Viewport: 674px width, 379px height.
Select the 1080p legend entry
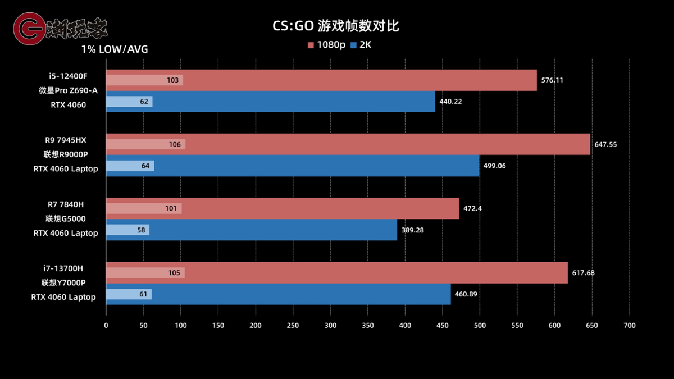pyautogui.click(x=326, y=45)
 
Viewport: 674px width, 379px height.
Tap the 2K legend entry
pyautogui.click(x=361, y=45)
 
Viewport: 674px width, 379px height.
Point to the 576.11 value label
pyautogui.click(x=552, y=80)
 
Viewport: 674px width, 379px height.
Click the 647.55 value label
pyautogui.click(x=605, y=144)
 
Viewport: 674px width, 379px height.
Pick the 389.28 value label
pyautogui.click(x=412, y=230)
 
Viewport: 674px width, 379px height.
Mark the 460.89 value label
pyautogui.click(x=466, y=294)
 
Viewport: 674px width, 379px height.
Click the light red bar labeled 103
pyautogui.click(x=144, y=80)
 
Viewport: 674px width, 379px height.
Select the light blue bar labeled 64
pyautogui.click(x=130, y=166)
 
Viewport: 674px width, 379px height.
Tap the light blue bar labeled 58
pyautogui.click(x=127, y=230)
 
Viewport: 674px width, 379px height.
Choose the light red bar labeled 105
pyautogui.click(x=145, y=273)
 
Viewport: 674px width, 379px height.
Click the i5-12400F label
pyautogui.click(x=67, y=76)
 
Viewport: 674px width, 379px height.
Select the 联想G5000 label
pyautogui.click(x=66, y=218)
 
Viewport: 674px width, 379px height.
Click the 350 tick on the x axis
pyautogui.click(x=367, y=326)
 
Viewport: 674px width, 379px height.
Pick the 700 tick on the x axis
pyautogui.click(x=629, y=326)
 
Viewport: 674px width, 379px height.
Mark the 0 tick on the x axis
pyautogui.click(x=106, y=326)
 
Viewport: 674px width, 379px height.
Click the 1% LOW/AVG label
pyautogui.click(x=115, y=49)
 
